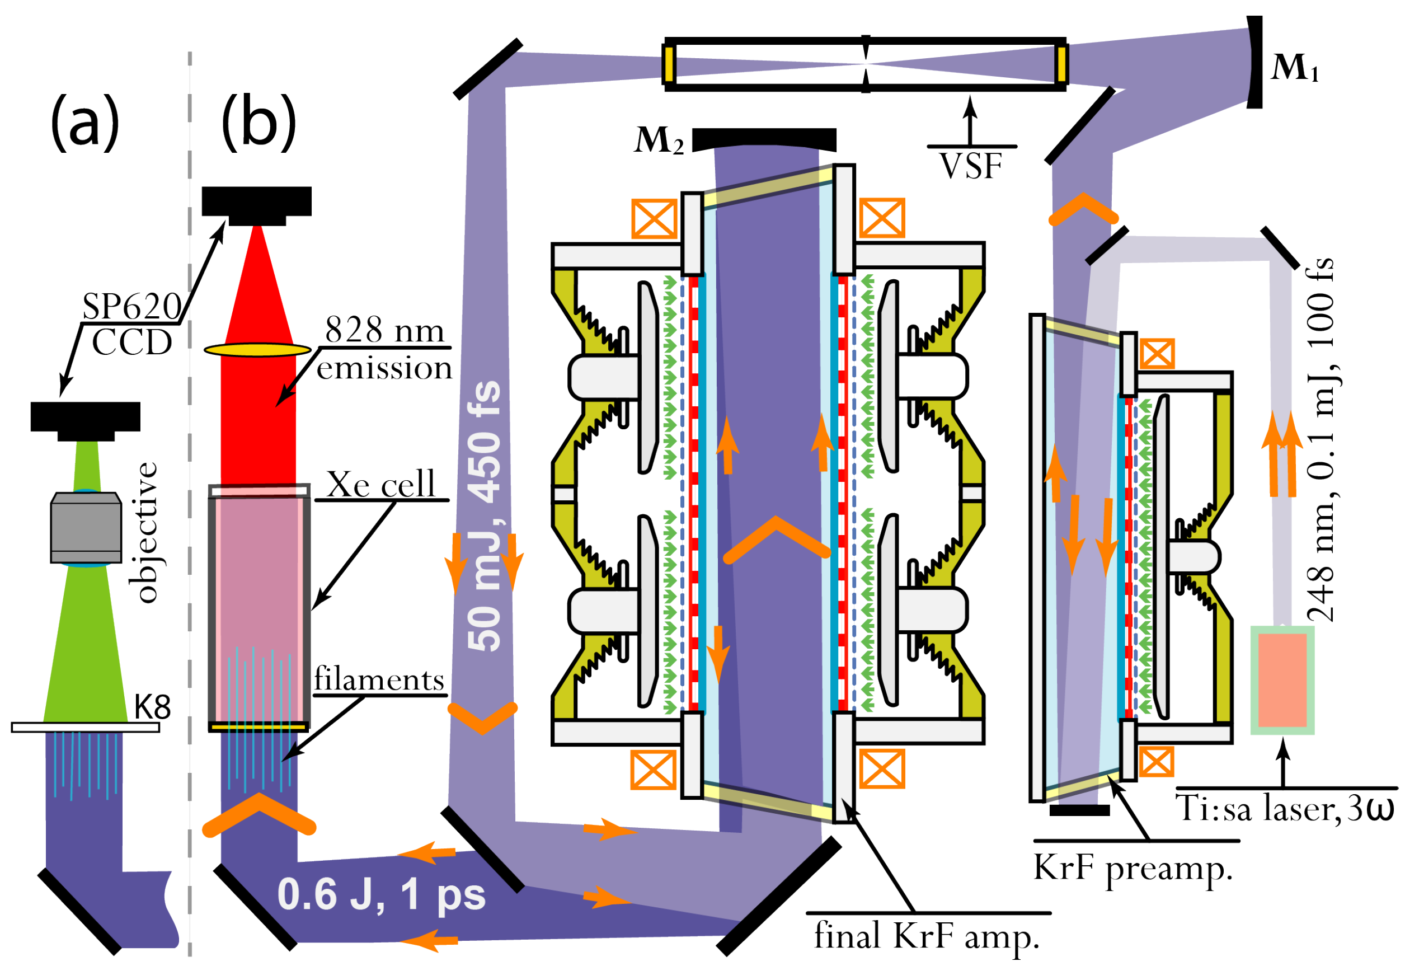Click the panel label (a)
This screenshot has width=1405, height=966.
point(84,123)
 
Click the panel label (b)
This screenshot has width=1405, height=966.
point(259,123)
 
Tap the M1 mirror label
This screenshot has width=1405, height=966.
point(1293,68)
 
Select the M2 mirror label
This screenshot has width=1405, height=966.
point(659,140)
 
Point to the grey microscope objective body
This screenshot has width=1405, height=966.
point(86,528)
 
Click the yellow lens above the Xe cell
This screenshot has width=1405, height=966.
point(257,350)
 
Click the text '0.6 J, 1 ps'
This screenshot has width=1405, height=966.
point(381,894)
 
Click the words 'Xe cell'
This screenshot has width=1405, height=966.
point(380,484)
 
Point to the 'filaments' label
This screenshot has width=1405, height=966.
point(379,679)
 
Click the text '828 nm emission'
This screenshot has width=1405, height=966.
point(384,349)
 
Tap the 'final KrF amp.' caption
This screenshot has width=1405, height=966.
point(926,936)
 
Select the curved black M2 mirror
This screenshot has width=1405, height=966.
point(764,139)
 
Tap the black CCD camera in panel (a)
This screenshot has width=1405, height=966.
point(86,419)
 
